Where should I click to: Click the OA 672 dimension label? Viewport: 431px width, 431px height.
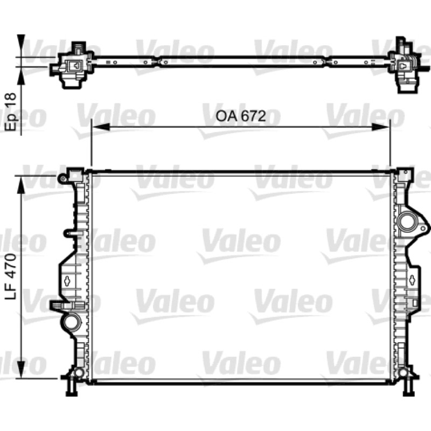pos(241,116)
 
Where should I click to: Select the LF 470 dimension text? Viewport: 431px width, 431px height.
pos(11,276)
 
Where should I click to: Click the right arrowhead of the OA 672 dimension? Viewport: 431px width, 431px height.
pos(381,127)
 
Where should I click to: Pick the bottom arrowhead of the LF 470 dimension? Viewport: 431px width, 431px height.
pos(21,369)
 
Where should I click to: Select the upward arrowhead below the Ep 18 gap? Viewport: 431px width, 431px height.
pos(21,75)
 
